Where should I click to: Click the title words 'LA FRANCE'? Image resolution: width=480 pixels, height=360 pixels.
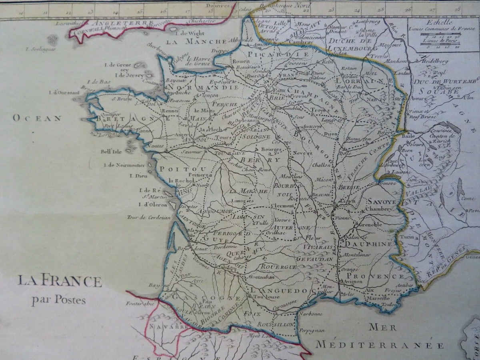(59, 281)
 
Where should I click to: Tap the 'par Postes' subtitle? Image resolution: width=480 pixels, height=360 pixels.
(59, 300)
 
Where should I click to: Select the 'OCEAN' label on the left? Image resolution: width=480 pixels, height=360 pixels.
(37, 118)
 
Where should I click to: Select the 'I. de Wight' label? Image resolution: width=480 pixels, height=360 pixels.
(190, 33)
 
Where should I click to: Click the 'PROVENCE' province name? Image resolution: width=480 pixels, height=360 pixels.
(375, 276)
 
